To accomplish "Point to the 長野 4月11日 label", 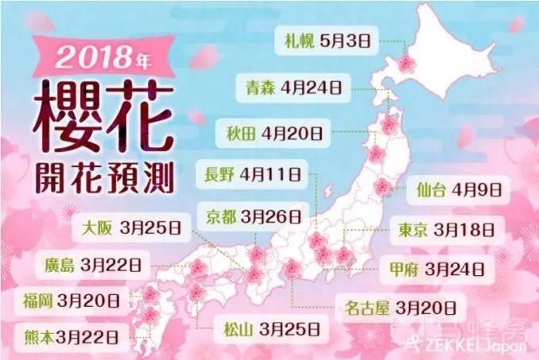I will (x=251, y=172).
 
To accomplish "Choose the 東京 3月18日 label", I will (x=448, y=229).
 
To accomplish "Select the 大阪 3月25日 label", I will (x=132, y=227).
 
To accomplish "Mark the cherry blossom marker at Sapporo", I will (x=407, y=63).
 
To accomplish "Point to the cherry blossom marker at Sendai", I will (x=383, y=187).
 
